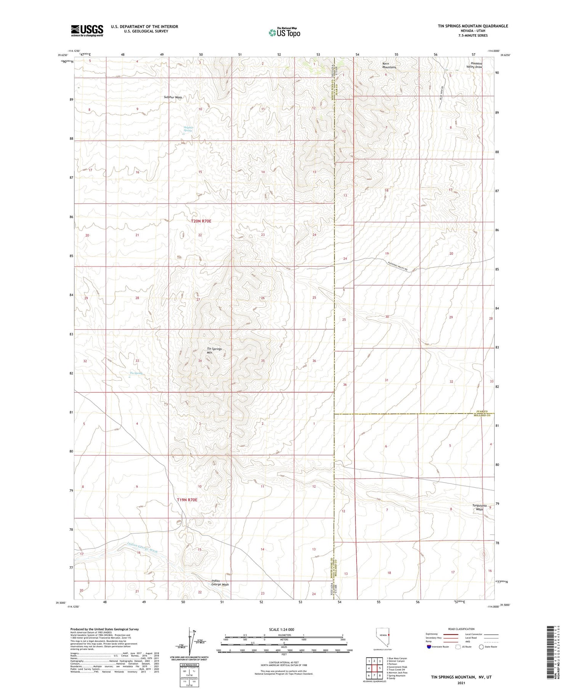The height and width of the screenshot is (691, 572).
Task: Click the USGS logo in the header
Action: click(x=87, y=30)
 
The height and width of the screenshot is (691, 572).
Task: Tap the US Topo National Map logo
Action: click(x=284, y=33)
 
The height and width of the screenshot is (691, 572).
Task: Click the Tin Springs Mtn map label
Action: click(x=214, y=351)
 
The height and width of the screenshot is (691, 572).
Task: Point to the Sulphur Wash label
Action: click(x=173, y=98)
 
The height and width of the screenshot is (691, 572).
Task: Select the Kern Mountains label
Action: click(x=389, y=65)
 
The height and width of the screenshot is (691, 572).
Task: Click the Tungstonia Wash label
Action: click(x=479, y=507)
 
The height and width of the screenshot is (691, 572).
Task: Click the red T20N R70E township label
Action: click(x=201, y=221)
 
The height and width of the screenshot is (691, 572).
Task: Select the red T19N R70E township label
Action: click(x=187, y=500)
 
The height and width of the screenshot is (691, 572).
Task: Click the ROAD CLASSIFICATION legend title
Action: click(x=461, y=629)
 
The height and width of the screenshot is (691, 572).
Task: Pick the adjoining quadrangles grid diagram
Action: click(x=374, y=668)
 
